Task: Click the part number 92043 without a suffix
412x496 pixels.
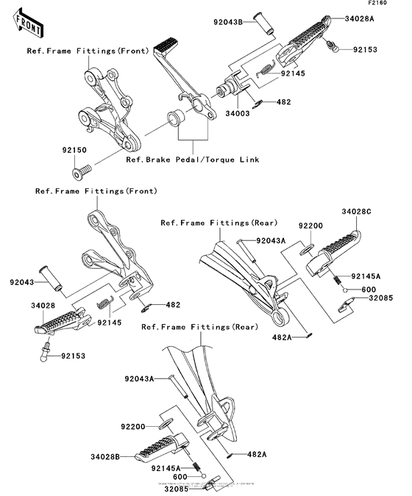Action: (x=23, y=282)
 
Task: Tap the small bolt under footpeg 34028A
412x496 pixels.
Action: (x=333, y=48)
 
